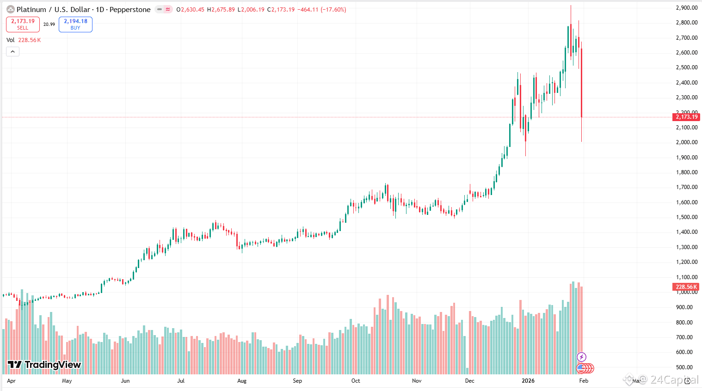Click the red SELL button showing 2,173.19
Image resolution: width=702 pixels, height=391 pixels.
coord(23,24)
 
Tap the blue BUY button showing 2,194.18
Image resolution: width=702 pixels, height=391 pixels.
coord(75,24)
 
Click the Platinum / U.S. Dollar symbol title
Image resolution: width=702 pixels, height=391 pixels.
coord(54,9)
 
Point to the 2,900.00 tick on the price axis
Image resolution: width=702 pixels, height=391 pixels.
coord(686,8)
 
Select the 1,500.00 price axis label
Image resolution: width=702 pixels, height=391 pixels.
coord(686,217)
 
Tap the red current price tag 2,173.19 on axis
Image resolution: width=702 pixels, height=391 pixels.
coord(686,117)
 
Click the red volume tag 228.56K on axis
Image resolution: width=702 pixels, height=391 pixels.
coord(685,287)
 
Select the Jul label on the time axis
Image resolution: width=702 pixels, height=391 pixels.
coord(181,381)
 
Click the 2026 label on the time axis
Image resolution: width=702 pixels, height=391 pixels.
coord(528,381)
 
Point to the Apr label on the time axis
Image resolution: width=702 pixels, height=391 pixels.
coord(12,381)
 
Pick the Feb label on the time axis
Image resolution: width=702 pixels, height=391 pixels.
coord(584,381)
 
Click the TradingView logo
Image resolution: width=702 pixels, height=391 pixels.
coord(44,365)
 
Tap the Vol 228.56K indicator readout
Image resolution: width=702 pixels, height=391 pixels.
coord(24,40)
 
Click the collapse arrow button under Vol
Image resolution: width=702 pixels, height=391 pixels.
coord(12,51)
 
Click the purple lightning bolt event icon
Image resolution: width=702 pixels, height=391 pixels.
coord(582,357)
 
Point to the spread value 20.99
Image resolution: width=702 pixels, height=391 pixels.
coord(49,24)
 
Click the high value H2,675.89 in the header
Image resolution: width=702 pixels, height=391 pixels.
coord(221,9)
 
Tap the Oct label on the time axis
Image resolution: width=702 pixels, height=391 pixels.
coord(356,381)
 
